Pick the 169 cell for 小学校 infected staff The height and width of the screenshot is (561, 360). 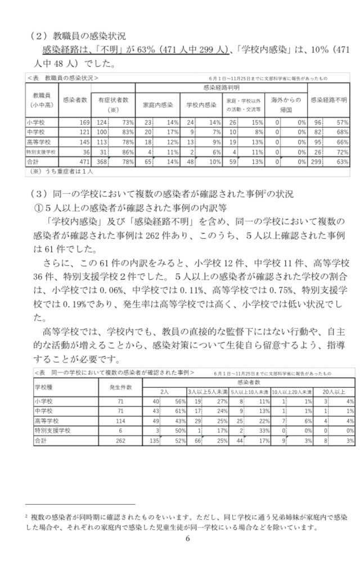point(83,122)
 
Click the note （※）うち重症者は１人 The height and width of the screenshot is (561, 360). point(61,171)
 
